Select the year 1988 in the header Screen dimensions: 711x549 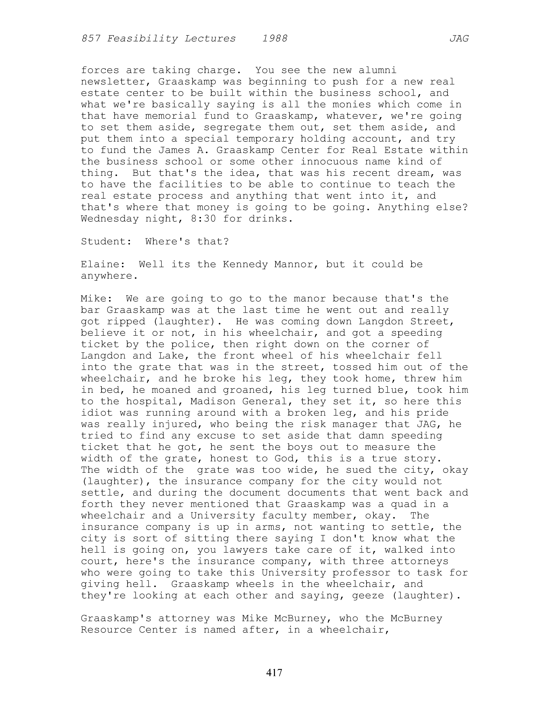(x=275, y=39)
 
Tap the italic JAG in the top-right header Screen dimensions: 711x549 (x=459, y=39)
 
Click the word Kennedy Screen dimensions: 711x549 (x=245, y=264)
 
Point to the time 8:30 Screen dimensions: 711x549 (x=203, y=219)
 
